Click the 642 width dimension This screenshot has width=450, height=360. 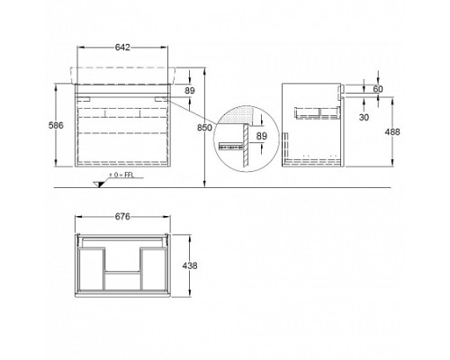pos(122,47)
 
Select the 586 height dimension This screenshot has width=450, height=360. pos(56,125)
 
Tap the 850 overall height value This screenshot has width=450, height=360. pos(204,128)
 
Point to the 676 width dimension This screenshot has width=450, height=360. pos(122,216)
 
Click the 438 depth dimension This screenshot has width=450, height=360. pos(190,265)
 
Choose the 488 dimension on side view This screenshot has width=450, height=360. pos(392,131)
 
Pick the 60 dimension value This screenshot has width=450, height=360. pos(378,89)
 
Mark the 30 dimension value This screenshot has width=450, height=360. pos(364,117)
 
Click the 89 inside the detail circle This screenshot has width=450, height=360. pos(261,136)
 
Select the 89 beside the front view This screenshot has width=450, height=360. pos(190,90)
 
